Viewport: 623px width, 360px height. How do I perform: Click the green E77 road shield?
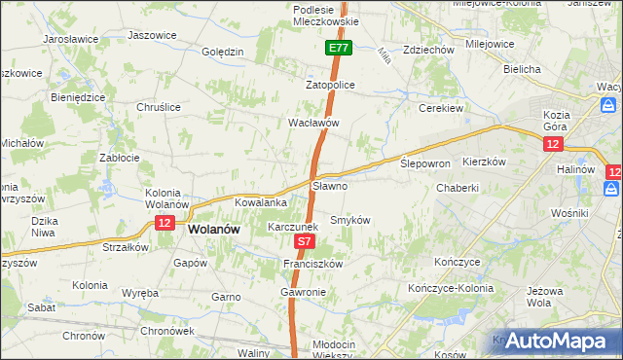(x=338, y=48)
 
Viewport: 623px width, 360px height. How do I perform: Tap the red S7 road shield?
(x=304, y=240)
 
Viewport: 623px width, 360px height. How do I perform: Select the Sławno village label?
(x=329, y=185)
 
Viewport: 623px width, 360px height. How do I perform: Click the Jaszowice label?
(x=152, y=35)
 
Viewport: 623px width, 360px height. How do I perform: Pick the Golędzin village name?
(x=222, y=52)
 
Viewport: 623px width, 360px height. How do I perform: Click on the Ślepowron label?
(x=425, y=163)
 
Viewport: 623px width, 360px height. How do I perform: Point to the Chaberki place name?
(x=458, y=188)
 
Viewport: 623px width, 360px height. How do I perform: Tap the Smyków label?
(x=351, y=220)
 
